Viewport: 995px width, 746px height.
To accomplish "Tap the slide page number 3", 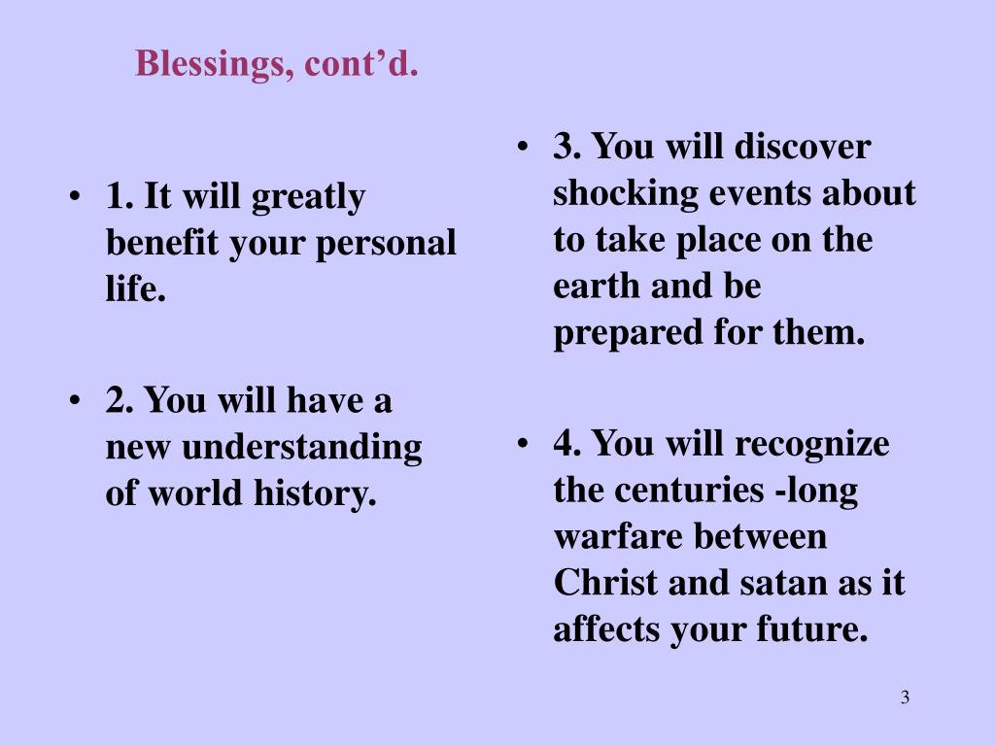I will point(905,697).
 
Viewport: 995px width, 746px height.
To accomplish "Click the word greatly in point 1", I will point(308,197).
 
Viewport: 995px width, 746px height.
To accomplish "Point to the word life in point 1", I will point(133,289).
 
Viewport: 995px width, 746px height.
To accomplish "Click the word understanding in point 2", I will point(301,448).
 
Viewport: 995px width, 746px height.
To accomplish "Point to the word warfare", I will point(617,536).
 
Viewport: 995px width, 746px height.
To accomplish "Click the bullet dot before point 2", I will point(76,400).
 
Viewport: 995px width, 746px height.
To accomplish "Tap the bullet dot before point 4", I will point(524,444).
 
